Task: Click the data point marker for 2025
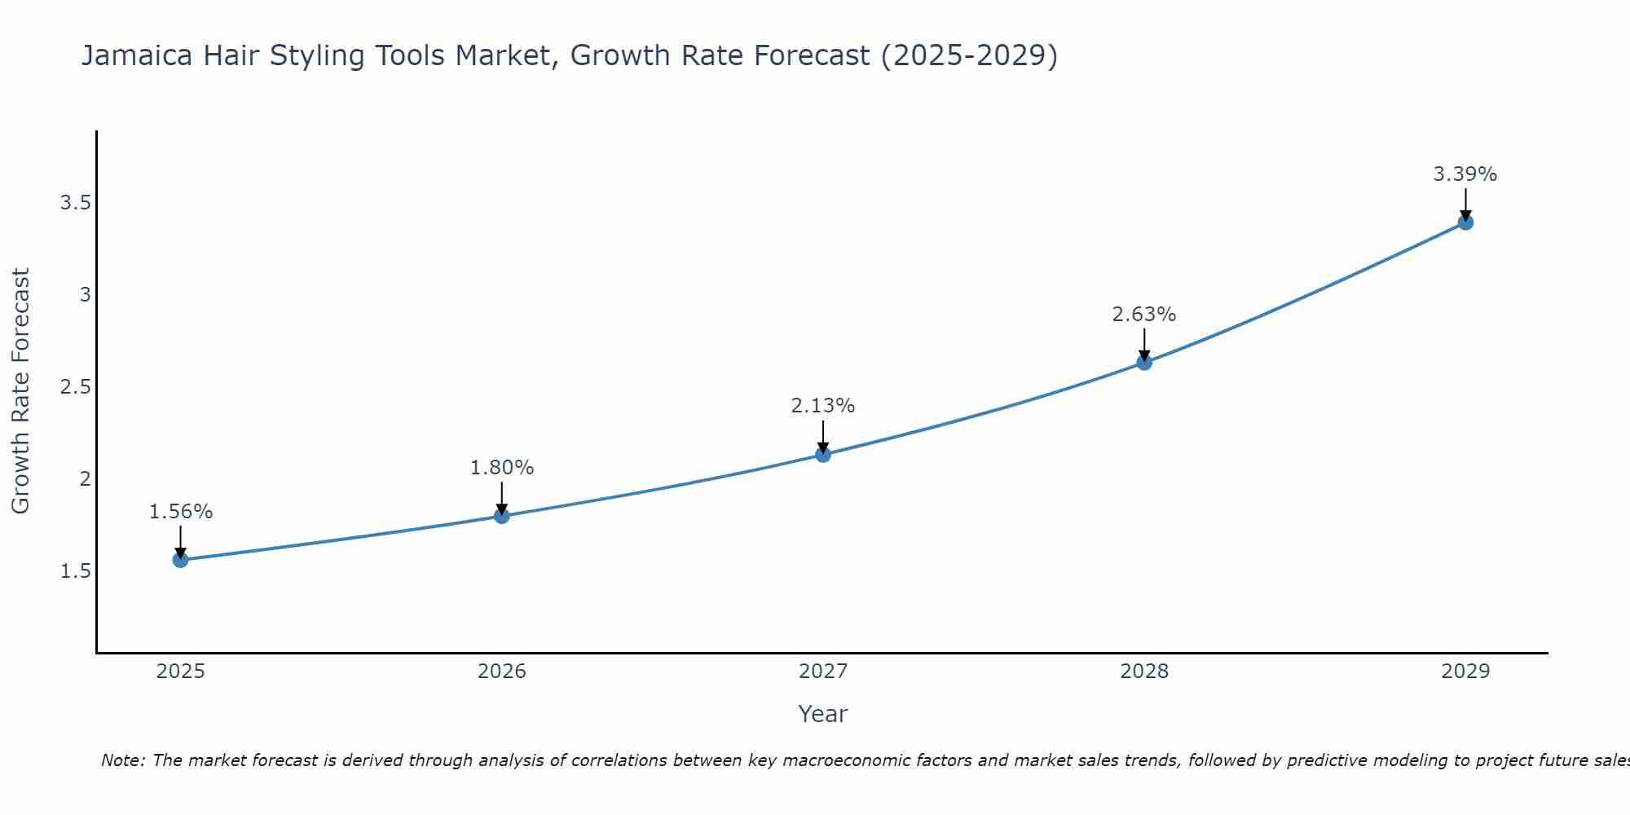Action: click(180, 560)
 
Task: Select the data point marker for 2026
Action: click(502, 516)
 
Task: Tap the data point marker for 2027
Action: click(823, 455)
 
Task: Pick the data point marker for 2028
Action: click(1144, 363)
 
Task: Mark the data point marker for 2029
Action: click(1465, 222)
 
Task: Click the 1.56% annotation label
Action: click(180, 512)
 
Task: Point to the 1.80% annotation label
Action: click(502, 468)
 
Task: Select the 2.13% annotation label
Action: click(823, 406)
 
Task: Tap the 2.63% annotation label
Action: click(1144, 315)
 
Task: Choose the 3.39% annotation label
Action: click(1465, 174)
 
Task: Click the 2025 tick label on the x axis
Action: click(180, 672)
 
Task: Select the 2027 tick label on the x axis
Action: click(823, 672)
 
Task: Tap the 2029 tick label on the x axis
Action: click(1465, 672)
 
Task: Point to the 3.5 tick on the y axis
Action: click(75, 203)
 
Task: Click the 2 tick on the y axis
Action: click(85, 479)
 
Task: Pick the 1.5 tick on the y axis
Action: click(75, 571)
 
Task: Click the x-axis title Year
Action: click(823, 714)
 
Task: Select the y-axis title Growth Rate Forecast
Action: click(21, 391)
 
